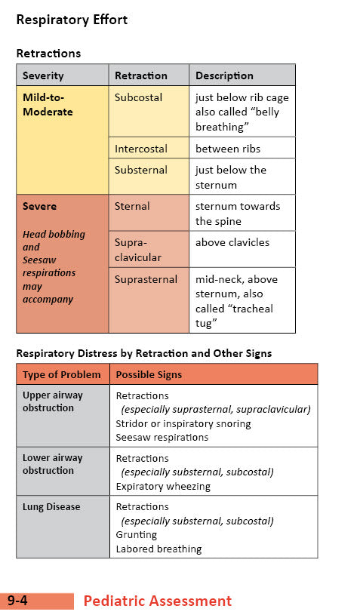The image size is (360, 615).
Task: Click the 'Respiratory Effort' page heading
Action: coord(72,20)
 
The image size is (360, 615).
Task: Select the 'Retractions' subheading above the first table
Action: coord(48,54)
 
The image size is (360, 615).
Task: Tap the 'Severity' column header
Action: coord(43,75)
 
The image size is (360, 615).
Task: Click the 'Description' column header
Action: coord(224,75)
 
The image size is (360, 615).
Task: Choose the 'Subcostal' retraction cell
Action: coord(137,97)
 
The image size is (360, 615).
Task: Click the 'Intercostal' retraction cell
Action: coord(141,149)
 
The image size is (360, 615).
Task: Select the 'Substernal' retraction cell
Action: coord(141,170)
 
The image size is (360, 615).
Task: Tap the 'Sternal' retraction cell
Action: coord(132,206)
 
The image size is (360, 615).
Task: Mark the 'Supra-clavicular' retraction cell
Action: coord(137,250)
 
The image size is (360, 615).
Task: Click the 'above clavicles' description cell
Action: coord(232,242)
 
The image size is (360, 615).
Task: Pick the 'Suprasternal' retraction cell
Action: coord(146,279)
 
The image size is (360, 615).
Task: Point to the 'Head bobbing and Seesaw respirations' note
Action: coord(54,266)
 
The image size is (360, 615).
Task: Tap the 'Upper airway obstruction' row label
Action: coord(53,401)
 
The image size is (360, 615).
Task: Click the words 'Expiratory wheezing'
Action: coord(163,486)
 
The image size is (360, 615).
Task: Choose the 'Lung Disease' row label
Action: coord(51,507)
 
